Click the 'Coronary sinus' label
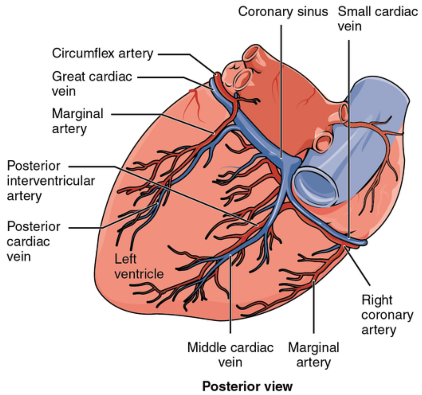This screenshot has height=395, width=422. (x=283, y=12)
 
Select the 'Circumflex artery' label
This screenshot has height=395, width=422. (x=102, y=54)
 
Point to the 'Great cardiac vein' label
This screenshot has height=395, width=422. (x=92, y=84)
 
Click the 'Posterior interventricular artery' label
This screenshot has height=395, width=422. (x=51, y=181)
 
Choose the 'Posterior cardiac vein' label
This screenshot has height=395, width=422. (x=33, y=241)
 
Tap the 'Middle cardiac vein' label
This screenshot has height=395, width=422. (x=230, y=355)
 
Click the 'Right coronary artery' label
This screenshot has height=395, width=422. (x=387, y=315)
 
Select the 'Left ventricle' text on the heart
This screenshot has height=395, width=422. (x=139, y=267)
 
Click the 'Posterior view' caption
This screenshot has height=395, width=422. (x=247, y=386)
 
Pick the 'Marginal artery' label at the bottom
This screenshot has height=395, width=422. (x=314, y=355)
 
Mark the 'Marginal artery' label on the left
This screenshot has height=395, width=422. (x=77, y=121)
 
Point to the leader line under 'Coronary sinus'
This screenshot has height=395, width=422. (x=281, y=88)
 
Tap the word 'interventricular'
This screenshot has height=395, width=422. (x=51, y=181)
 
